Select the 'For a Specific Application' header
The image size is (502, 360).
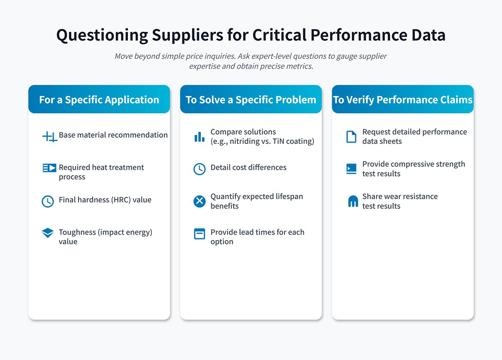[99, 100]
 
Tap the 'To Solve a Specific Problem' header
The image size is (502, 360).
[251, 100]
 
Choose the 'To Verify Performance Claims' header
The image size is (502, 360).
[402, 100]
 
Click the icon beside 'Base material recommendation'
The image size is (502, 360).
[49, 136]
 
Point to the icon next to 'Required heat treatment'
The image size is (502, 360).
[49, 168]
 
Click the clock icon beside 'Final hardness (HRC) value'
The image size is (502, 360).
[48, 201]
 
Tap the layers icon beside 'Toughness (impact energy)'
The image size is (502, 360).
[48, 233]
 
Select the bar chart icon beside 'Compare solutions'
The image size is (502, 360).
[200, 136]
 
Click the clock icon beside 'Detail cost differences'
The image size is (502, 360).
[200, 169]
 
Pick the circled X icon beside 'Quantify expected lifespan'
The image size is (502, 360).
[200, 201]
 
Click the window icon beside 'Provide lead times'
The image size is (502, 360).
[200, 234]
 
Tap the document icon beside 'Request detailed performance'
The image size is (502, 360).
[351, 136]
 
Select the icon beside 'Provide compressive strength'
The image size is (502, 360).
[351, 169]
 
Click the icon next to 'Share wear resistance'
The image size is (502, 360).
[353, 202]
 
